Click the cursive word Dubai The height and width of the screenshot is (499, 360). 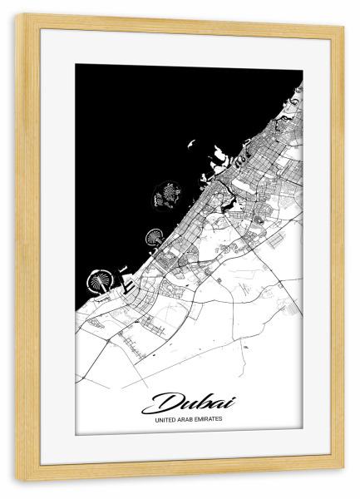pyautogui.click(x=188, y=404)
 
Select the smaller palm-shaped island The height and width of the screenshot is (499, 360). pyautogui.click(x=154, y=239)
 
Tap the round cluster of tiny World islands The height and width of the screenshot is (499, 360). pyautogui.click(x=167, y=197)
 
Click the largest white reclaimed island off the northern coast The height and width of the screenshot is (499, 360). pyautogui.click(x=220, y=155)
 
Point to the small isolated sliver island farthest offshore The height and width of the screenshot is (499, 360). pyautogui.click(x=190, y=146)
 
